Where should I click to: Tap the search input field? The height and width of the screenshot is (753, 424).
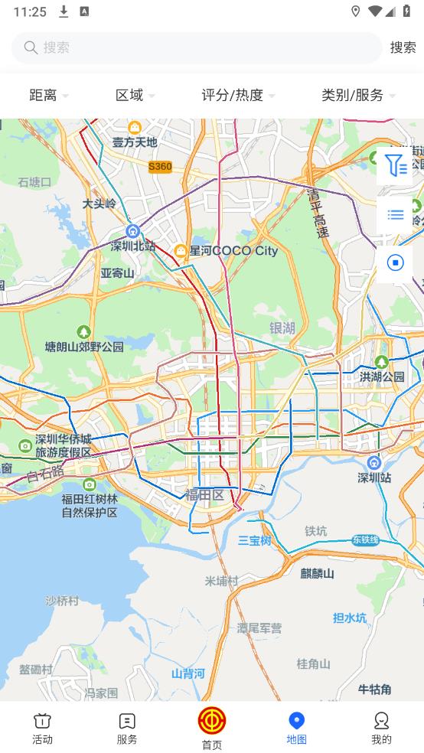[196, 47]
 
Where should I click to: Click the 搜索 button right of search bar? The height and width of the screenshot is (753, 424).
[403, 47]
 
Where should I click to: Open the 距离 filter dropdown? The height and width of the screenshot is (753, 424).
[48, 95]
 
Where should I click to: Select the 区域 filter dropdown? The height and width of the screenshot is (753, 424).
[135, 95]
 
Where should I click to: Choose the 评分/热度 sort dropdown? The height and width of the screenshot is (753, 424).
[237, 95]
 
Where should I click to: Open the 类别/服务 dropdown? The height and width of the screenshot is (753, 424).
[357, 95]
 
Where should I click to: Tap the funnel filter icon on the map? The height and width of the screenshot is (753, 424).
[395, 165]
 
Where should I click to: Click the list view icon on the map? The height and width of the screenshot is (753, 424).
[395, 215]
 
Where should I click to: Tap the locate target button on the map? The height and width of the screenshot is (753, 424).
[395, 263]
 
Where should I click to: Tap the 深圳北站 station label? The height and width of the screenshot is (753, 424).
[132, 246]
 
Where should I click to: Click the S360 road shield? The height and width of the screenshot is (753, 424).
[160, 166]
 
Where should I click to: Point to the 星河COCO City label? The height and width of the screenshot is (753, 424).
[233, 250]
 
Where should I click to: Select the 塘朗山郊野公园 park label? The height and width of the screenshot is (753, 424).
[84, 346]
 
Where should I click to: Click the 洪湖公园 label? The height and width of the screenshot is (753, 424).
[382, 376]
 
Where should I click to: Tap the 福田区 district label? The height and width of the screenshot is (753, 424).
[204, 495]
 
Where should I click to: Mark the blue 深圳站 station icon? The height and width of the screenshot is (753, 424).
[374, 463]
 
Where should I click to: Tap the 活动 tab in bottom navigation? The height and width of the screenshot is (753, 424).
[42, 728]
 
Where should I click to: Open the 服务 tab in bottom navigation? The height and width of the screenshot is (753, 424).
[127, 728]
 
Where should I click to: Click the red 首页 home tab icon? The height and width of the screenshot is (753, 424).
[212, 721]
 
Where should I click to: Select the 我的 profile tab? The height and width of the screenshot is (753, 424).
[381, 728]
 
